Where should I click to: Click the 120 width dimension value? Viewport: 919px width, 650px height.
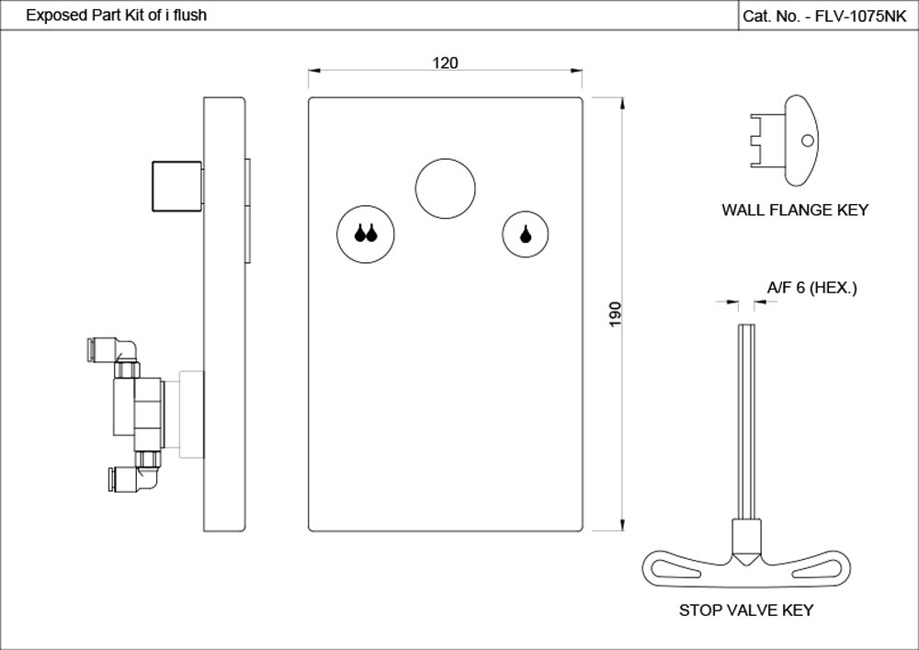coord(445,63)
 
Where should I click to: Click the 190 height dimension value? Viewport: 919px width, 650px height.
coord(616,314)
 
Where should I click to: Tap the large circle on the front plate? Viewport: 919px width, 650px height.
coord(445,188)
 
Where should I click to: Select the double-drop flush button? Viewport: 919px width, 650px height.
coord(366,234)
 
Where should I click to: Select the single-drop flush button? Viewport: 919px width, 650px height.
coord(526,234)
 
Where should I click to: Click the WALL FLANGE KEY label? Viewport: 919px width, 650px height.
coord(794,211)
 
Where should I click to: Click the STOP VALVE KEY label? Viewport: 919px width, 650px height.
coord(745,610)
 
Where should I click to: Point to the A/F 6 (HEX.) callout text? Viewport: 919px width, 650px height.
coord(811,289)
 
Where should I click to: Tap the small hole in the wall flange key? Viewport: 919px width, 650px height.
coord(807,141)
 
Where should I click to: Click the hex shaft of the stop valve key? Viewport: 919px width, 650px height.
coord(746,423)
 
